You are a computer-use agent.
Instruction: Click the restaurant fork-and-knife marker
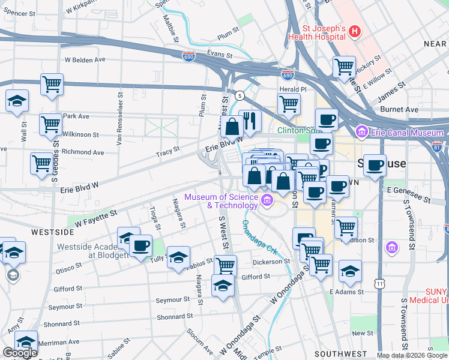[250, 120]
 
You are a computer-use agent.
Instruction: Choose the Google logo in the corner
[20, 353]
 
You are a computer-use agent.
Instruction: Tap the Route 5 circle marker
[240, 95]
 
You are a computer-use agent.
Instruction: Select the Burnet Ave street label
[403, 110]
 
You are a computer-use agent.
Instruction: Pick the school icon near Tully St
[178, 257]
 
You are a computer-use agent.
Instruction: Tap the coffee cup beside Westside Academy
[140, 245]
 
